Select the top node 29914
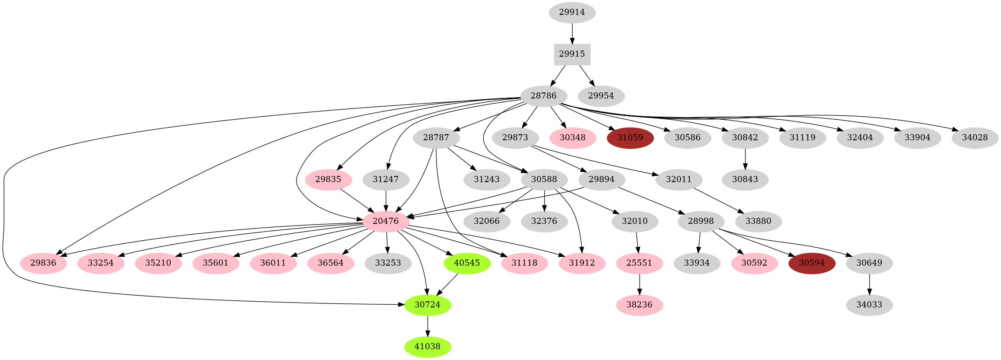pos(572,12)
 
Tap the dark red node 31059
pos(630,138)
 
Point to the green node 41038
pos(427,347)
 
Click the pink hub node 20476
pos(385,221)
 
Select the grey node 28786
pos(543,96)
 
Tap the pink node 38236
pos(639,305)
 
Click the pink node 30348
pos(572,138)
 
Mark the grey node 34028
pos(974,138)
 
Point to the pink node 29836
pos(44,263)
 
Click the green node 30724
pos(427,305)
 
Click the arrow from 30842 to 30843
pos(745,159)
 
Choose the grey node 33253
pos(388,263)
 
